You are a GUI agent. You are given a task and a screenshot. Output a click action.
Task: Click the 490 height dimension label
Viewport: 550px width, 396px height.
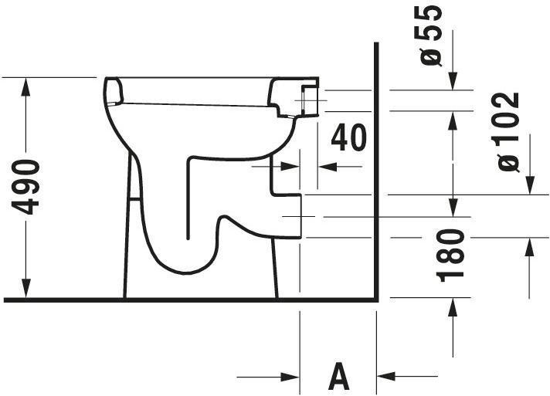25,187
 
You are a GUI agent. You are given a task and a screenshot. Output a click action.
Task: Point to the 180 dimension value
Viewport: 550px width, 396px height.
450,256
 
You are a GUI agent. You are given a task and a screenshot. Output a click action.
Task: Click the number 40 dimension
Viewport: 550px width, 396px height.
348,137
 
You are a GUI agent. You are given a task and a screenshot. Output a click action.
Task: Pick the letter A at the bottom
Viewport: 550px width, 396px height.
339,377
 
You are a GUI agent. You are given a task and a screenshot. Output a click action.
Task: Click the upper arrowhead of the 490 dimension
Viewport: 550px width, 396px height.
25,86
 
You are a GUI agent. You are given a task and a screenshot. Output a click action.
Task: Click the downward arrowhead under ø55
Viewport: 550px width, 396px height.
453,81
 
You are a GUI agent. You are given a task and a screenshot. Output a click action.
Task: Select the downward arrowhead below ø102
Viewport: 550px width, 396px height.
530,184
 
